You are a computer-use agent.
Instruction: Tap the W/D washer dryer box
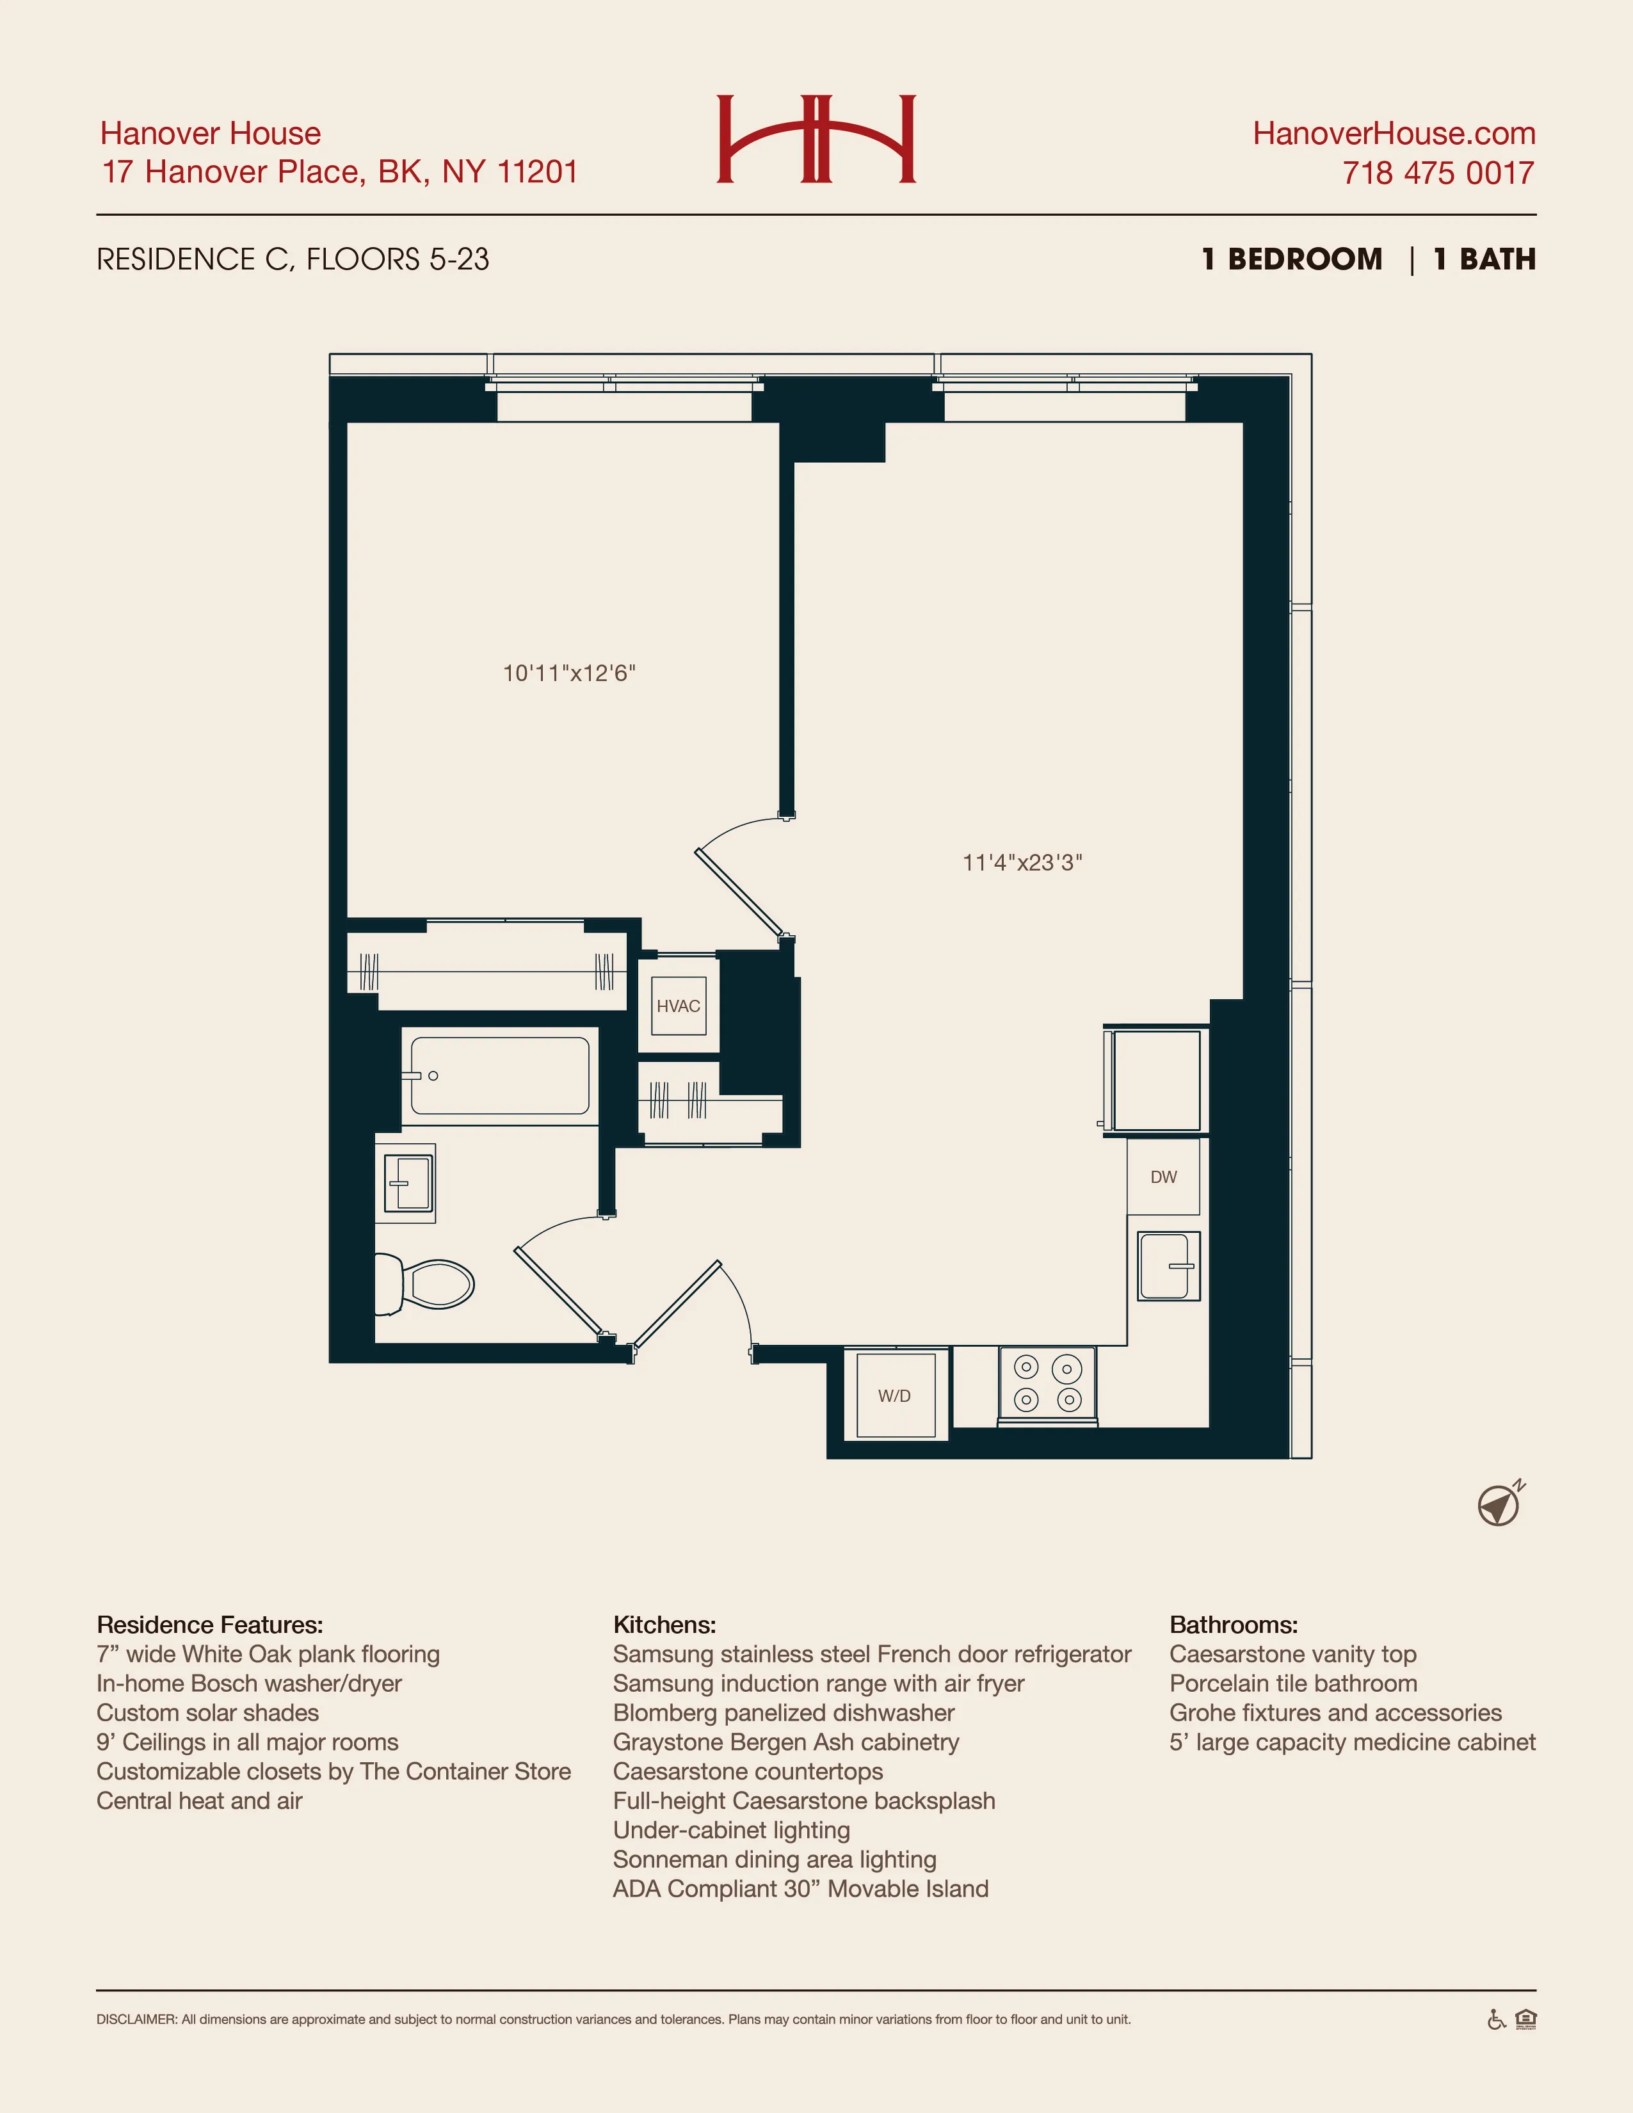click(x=895, y=1395)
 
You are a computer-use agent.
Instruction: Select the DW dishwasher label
click(x=1163, y=1177)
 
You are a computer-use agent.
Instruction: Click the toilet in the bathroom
click(x=426, y=1285)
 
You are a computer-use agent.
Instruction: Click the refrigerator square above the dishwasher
click(x=1156, y=1080)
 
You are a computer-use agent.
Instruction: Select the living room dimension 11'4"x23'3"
click(x=1022, y=863)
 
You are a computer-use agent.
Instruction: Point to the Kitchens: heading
click(x=664, y=1625)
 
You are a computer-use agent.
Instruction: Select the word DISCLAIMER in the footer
click(x=136, y=2020)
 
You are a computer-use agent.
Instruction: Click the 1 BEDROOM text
click(x=1292, y=259)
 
